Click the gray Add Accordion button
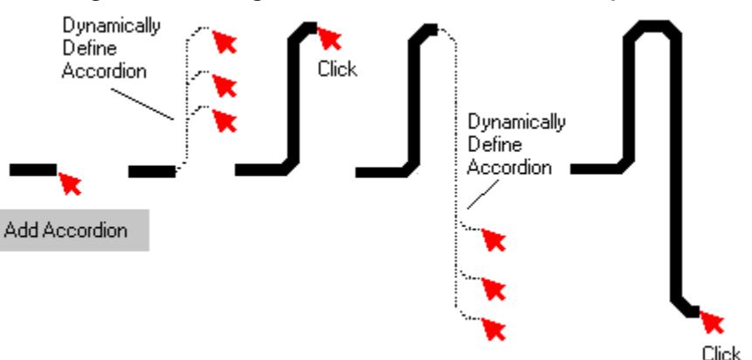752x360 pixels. [x=74, y=232]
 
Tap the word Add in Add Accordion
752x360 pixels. [x=18, y=232]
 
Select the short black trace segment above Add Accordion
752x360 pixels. [x=33, y=170]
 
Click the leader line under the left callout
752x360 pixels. [x=155, y=103]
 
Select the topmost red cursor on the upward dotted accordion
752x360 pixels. [x=226, y=40]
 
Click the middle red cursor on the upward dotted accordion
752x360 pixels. [x=226, y=85]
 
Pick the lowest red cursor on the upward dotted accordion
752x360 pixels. [x=226, y=120]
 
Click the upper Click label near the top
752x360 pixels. [x=338, y=69]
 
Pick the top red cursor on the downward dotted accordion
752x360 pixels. [x=495, y=239]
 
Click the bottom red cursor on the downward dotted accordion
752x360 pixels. [x=495, y=329]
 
